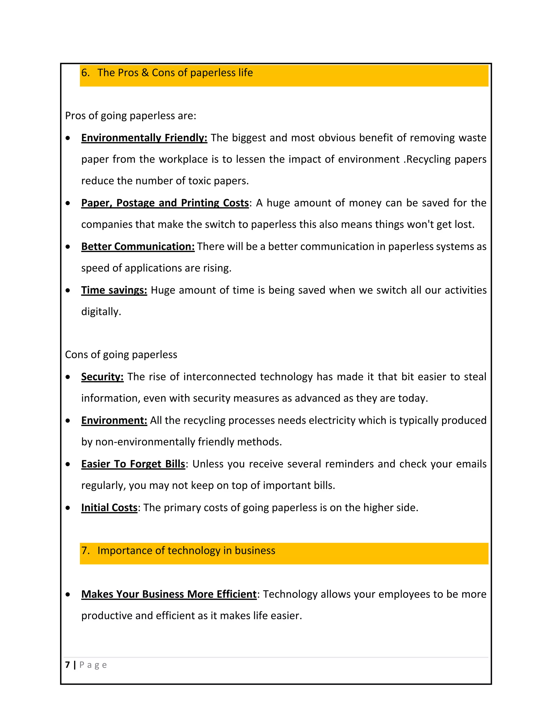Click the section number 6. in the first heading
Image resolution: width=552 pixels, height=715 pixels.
85,73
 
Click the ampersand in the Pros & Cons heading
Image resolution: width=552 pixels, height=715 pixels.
145,73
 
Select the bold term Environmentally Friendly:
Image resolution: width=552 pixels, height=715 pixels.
144,138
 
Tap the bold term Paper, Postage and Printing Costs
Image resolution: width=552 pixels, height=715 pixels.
165,203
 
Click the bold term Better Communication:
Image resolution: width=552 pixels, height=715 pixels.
138,247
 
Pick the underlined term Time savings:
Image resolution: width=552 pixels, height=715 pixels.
114,290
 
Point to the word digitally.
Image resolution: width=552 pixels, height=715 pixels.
101,311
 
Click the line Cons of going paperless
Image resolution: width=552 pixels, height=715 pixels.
121,355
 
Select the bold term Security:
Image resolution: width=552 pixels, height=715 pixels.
102,377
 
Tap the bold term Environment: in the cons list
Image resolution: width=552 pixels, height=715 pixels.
114,420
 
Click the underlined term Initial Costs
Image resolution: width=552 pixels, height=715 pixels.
109,508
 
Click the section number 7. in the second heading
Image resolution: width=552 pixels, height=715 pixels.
85,551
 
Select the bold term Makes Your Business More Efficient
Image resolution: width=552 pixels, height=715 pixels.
169,594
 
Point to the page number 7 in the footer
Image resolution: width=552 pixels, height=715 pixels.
67,665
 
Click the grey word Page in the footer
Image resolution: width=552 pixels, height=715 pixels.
93,665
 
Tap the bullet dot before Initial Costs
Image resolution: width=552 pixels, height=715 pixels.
68,508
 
